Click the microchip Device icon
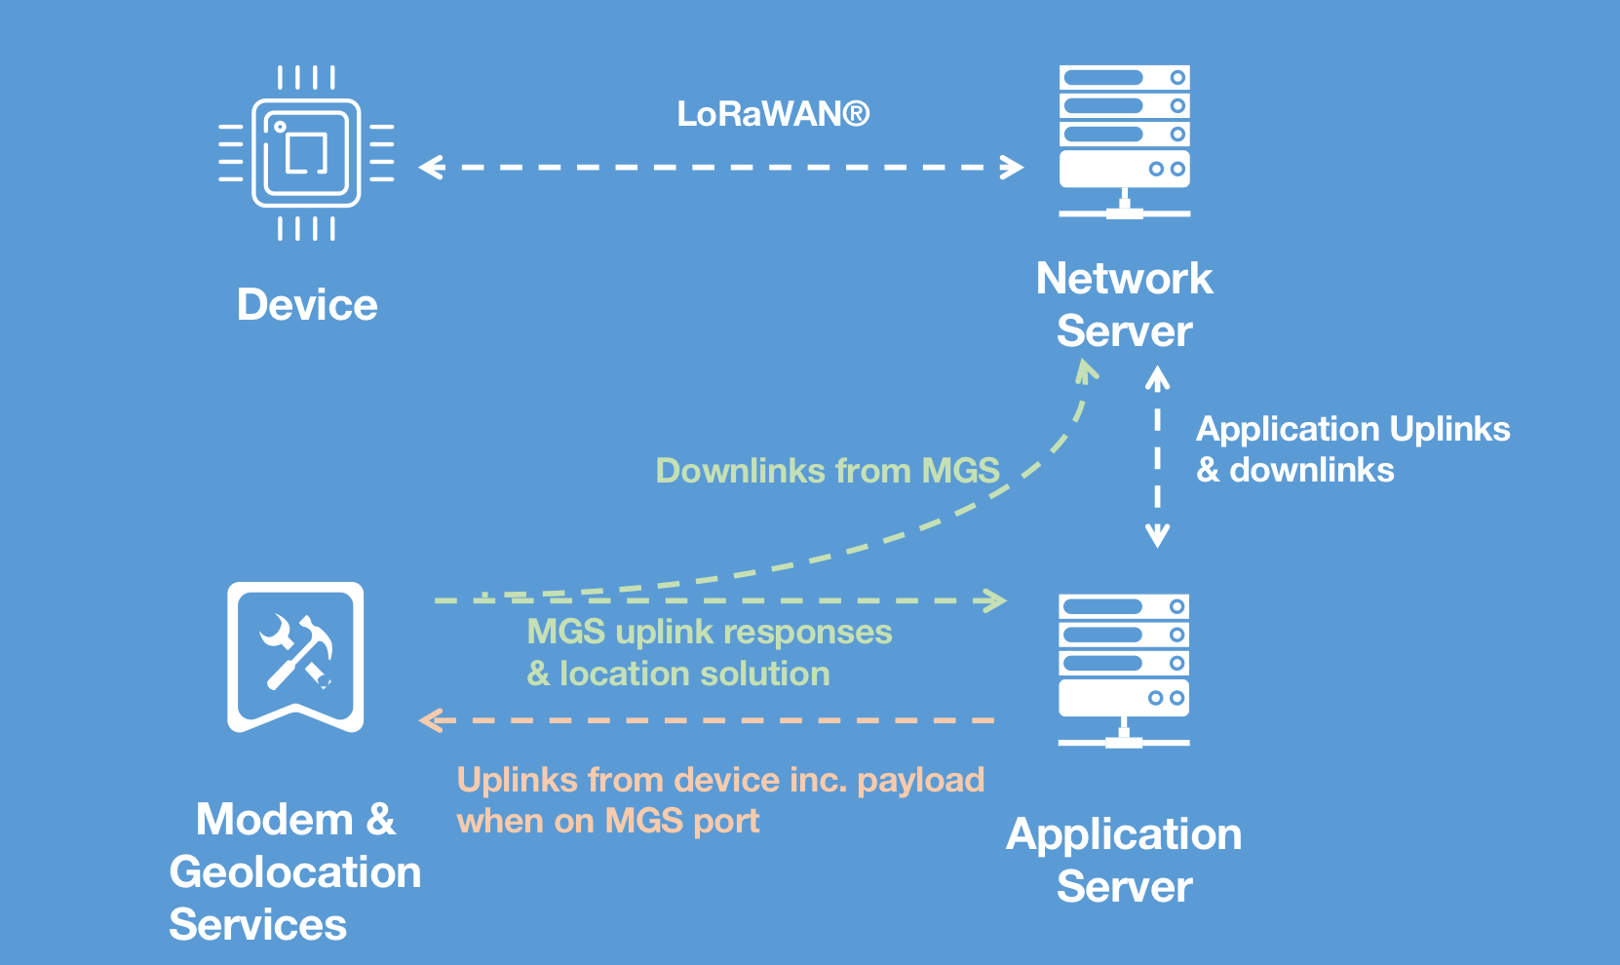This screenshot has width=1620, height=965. click(306, 153)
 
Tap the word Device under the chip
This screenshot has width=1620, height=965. click(307, 305)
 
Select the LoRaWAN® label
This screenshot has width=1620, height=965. click(773, 114)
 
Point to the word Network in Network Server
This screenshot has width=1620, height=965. click(1124, 279)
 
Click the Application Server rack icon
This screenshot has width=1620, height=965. click(1124, 670)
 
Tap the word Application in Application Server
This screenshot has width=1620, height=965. click(1124, 834)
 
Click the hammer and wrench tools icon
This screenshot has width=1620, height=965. click(295, 655)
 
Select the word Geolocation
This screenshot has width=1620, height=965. click(295, 872)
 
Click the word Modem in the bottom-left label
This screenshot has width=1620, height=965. click(274, 819)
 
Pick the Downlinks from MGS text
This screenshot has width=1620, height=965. click(828, 471)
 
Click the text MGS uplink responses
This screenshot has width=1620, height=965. click(709, 632)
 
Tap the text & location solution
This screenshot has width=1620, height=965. click(678, 674)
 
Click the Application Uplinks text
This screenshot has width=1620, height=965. click(1353, 429)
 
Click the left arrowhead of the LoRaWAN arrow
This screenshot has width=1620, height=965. click(430, 168)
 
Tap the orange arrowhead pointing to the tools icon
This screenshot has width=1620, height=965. click(430, 720)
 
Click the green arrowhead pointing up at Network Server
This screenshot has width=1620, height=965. click(1087, 370)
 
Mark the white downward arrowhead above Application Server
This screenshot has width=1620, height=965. click(1157, 537)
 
